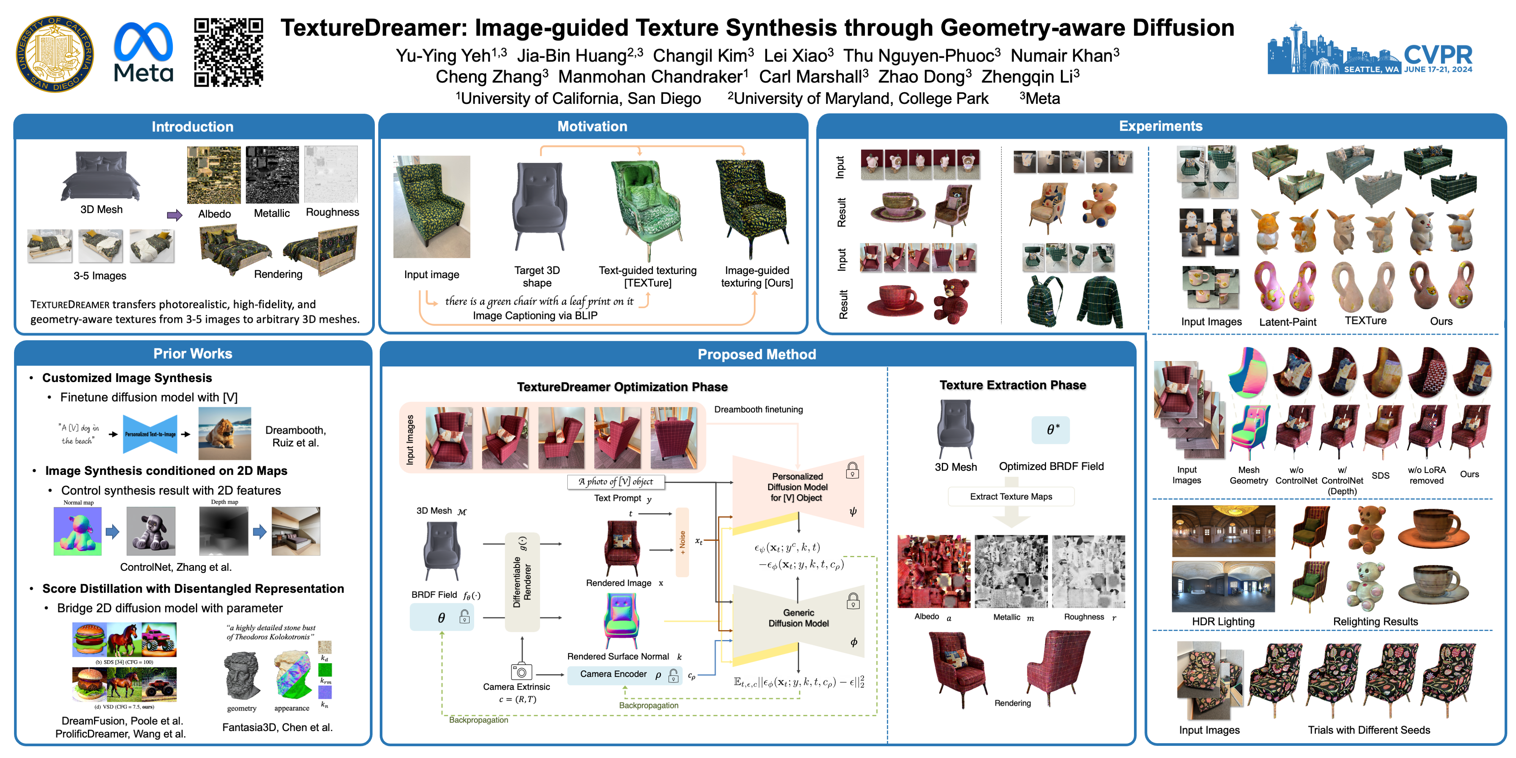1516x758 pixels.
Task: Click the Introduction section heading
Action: [x=193, y=127]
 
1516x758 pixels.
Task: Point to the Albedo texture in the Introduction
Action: [x=214, y=175]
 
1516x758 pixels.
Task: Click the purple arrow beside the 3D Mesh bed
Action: [x=174, y=215]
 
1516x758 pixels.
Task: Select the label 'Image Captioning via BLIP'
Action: [x=535, y=315]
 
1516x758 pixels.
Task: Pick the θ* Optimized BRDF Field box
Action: [x=1051, y=430]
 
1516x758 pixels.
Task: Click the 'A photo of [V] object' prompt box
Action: [x=615, y=481]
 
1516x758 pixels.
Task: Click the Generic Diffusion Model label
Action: [x=798, y=618]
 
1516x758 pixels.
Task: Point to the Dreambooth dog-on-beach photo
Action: [x=224, y=433]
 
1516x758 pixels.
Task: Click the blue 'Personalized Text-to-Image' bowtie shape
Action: [x=150, y=434]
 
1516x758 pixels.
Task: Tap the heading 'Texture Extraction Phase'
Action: [x=1012, y=385]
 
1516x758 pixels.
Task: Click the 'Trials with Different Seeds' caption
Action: [x=1368, y=730]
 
